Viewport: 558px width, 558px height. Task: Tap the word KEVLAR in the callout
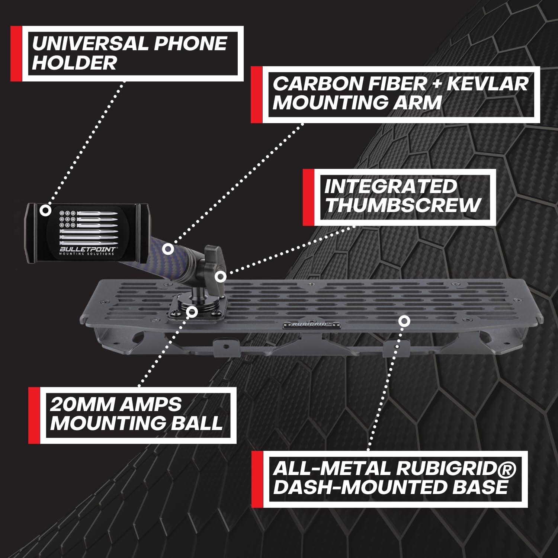coord(487,84)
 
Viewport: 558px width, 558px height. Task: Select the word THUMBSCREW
coord(403,206)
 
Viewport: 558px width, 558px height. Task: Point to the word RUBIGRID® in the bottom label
coord(456,469)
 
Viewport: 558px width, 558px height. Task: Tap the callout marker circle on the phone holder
coord(45,210)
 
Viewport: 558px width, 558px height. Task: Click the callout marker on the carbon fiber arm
coord(168,249)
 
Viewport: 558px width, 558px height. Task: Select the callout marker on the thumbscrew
coord(221,277)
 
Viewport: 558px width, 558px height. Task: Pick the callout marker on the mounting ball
coord(192,311)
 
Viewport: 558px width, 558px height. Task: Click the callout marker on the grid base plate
coord(404,321)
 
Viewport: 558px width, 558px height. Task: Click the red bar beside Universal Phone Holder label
coord(16,54)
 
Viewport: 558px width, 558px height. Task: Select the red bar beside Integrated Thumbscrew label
coord(308,197)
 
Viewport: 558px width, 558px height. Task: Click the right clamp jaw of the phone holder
coord(142,232)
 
